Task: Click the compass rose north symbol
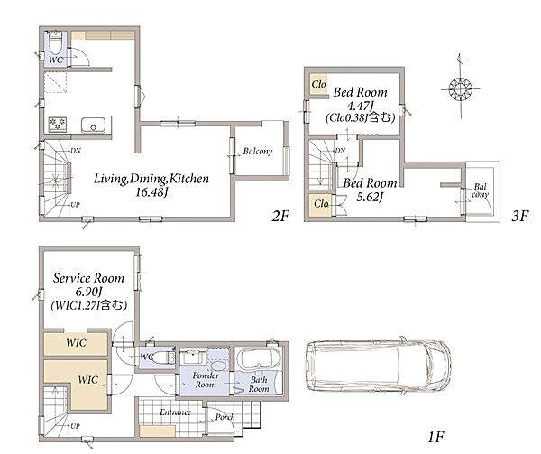tap(460, 88)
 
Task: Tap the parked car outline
tap(378, 366)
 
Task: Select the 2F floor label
tap(280, 217)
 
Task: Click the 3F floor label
tap(520, 217)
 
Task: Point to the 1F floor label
tap(436, 438)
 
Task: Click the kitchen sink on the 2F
tap(93, 125)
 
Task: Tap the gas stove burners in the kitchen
tap(58, 124)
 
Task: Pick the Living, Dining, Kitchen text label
tap(151, 179)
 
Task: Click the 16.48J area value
tap(151, 192)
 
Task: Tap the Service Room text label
tap(88, 278)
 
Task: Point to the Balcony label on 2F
tap(258, 152)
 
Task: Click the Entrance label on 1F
tap(175, 412)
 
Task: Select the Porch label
tap(225, 417)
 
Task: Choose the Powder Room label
tap(206, 380)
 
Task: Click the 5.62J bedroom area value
tap(370, 197)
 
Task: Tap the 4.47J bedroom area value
tap(360, 105)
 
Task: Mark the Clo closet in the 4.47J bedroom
tap(319, 85)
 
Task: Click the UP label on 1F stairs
tap(75, 426)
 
